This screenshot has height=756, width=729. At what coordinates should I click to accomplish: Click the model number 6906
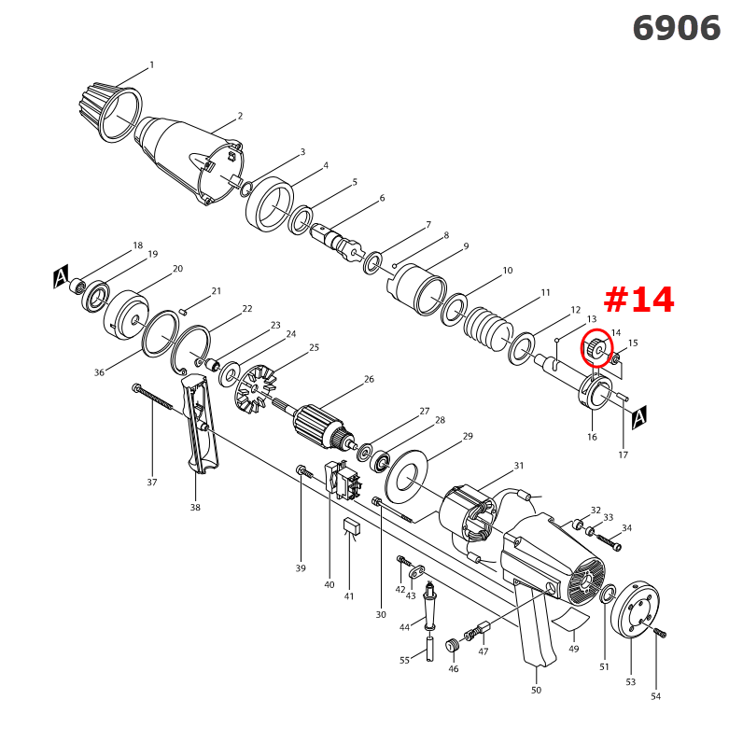pos(677,28)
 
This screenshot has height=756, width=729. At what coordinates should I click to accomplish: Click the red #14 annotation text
pos(638,300)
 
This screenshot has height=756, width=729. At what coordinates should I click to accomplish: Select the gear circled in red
pos(595,349)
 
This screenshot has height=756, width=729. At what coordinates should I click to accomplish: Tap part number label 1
pos(151,65)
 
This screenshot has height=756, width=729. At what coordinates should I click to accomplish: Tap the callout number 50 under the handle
pos(536,691)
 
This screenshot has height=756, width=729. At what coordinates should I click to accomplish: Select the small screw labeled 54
pos(662,634)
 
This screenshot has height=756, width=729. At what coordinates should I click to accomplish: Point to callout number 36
pos(99,372)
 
